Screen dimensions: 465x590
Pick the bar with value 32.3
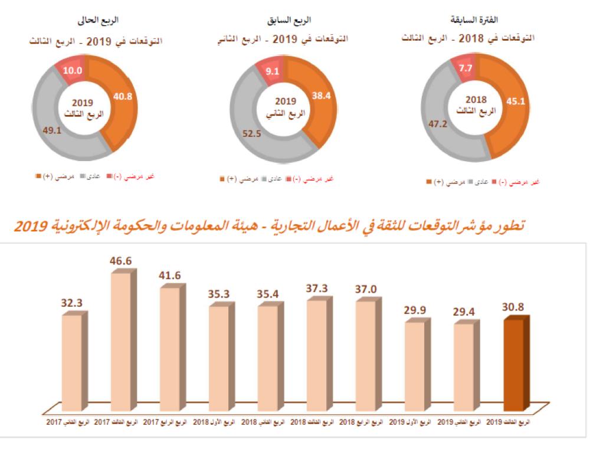tap(71, 362)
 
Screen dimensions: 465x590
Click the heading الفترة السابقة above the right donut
tap(477, 20)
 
